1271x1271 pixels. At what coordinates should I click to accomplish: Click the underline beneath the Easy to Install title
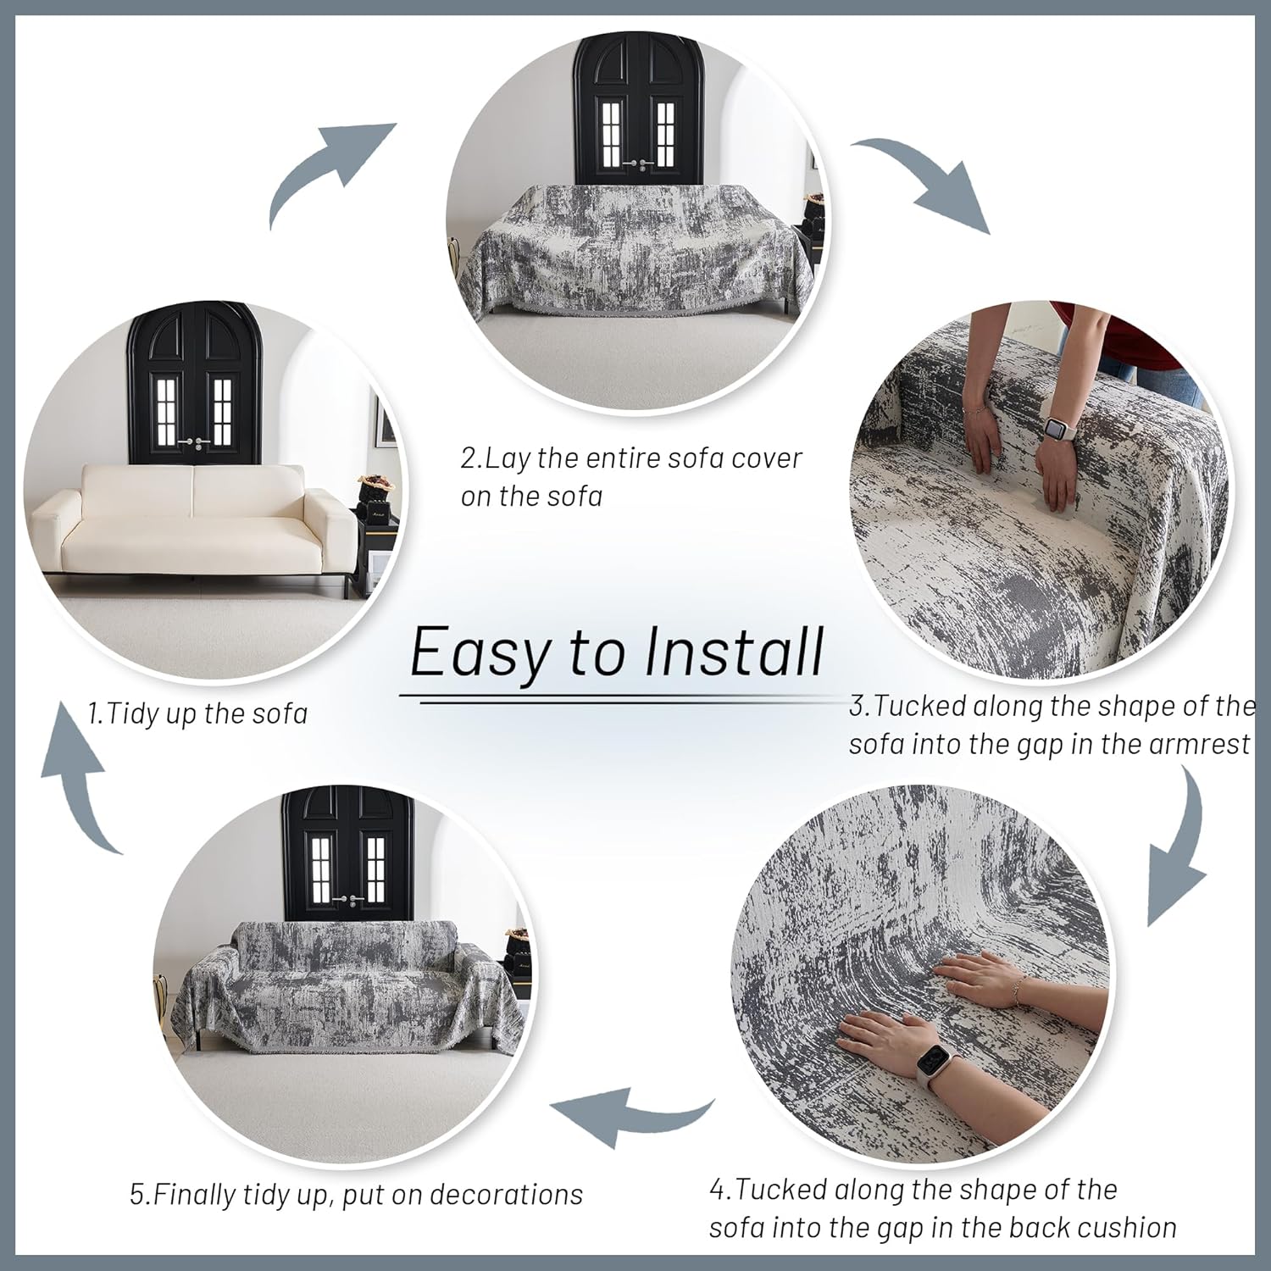point(619,700)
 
